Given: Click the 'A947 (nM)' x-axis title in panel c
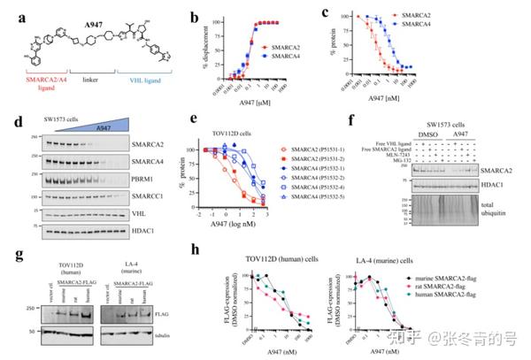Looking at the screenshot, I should [x=419, y=103].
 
